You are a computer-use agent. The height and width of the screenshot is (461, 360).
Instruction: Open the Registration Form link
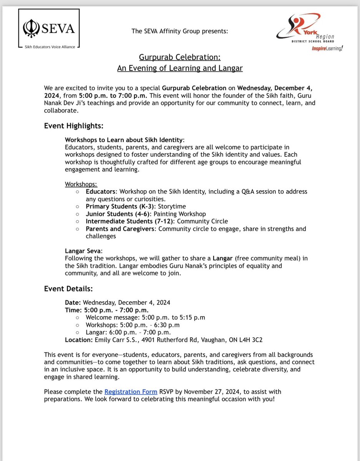tap(131, 391)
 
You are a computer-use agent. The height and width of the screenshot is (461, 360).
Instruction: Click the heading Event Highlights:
tap(73, 126)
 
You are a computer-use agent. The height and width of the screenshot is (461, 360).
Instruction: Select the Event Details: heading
tap(68, 288)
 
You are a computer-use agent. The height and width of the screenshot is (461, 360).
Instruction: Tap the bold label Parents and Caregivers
tap(120, 229)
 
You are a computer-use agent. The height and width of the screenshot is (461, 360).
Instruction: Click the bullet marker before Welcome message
tap(78, 317)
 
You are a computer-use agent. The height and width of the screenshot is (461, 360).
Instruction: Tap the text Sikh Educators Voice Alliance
tap(47, 47)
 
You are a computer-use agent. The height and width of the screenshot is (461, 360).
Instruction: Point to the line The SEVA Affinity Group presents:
tap(180, 31)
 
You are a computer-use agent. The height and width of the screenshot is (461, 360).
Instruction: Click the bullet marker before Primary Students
tap(78, 206)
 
